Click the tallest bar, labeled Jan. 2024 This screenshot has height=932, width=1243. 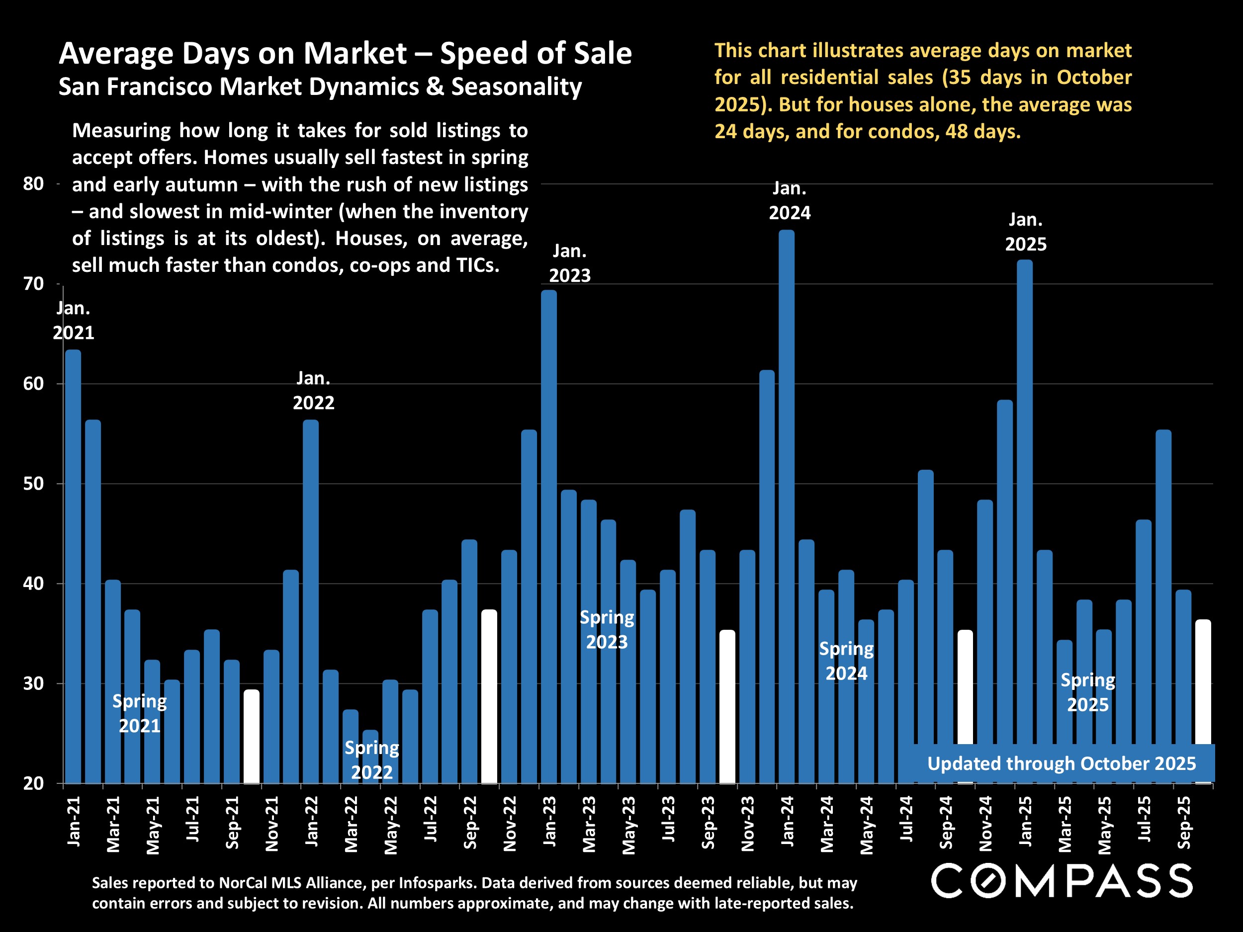786,506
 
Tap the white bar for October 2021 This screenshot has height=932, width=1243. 251,736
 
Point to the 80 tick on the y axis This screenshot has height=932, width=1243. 33,184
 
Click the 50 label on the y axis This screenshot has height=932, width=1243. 33,484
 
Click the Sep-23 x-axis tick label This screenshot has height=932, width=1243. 708,823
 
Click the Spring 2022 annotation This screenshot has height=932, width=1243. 371,760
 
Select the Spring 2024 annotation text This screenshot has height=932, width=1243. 846,661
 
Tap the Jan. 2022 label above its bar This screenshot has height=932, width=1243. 313,390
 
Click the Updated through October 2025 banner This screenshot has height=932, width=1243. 1061,763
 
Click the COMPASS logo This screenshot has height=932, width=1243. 1062,881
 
